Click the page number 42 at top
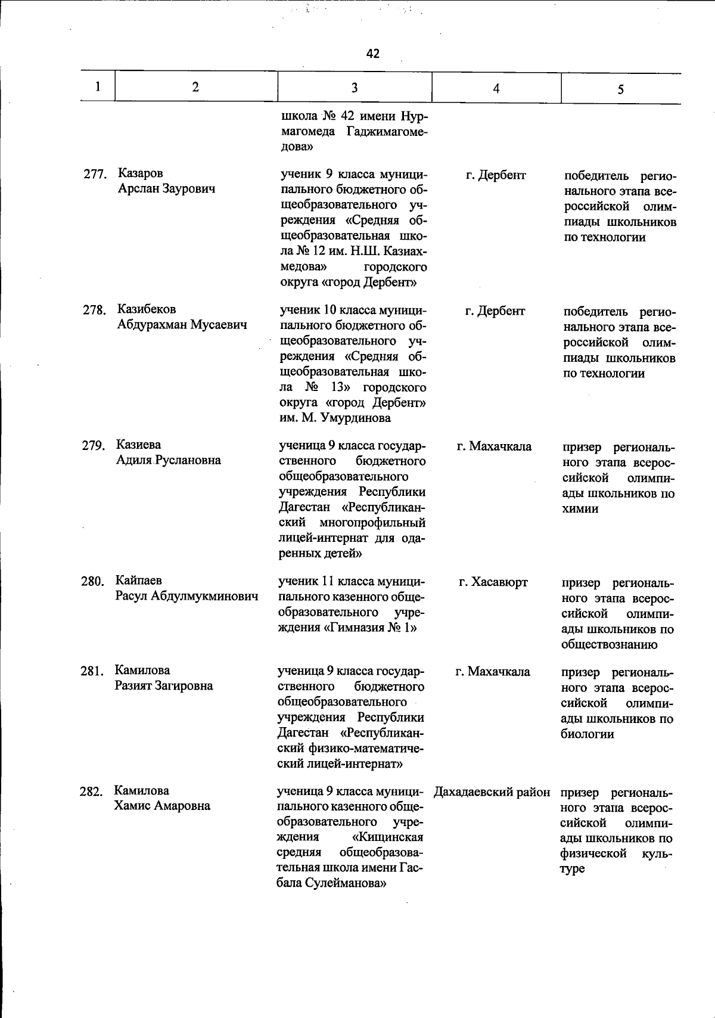click(x=373, y=54)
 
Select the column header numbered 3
click(x=355, y=88)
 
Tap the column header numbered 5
click(x=620, y=89)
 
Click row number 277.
click(x=94, y=175)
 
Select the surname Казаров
click(x=141, y=173)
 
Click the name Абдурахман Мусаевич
click(x=182, y=325)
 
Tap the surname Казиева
click(x=138, y=445)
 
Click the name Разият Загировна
click(x=164, y=685)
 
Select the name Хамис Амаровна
click(x=162, y=806)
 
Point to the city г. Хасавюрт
click(x=493, y=582)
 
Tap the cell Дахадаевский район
click(x=492, y=792)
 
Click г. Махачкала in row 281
click(x=493, y=672)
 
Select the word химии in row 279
click(x=580, y=509)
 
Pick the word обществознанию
click(x=609, y=644)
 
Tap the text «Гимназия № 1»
click(x=369, y=628)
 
